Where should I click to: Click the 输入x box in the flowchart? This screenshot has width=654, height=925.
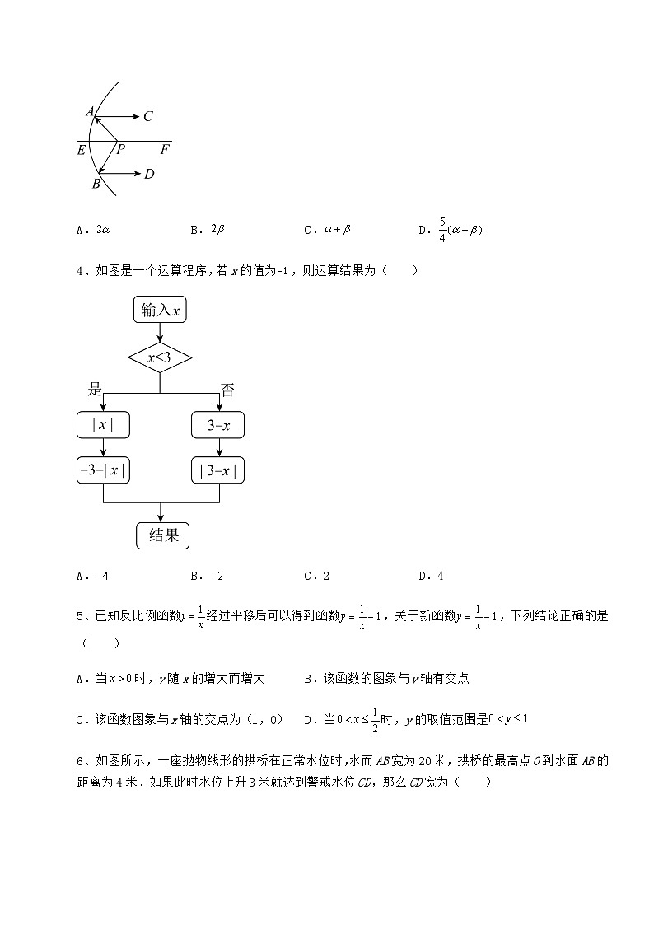[160, 310]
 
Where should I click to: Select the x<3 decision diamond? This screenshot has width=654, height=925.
[160, 357]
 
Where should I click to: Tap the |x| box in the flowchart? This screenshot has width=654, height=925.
[103, 425]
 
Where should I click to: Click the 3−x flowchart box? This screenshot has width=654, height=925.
[218, 425]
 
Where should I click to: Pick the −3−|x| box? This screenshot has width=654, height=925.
[103, 471]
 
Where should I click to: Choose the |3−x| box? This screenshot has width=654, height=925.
[218, 471]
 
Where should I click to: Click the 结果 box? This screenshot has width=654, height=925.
[162, 535]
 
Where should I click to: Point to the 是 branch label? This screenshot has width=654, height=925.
[95, 390]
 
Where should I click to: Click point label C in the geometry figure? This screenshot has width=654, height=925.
[147, 117]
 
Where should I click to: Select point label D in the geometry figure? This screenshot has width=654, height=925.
[149, 174]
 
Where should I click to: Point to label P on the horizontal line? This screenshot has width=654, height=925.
[120, 150]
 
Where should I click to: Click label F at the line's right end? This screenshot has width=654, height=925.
[165, 150]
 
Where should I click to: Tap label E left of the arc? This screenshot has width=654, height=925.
[81, 150]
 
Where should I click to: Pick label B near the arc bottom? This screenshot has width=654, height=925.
[96, 184]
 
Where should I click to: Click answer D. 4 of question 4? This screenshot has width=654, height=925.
[432, 577]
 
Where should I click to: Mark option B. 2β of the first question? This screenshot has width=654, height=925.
[208, 230]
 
